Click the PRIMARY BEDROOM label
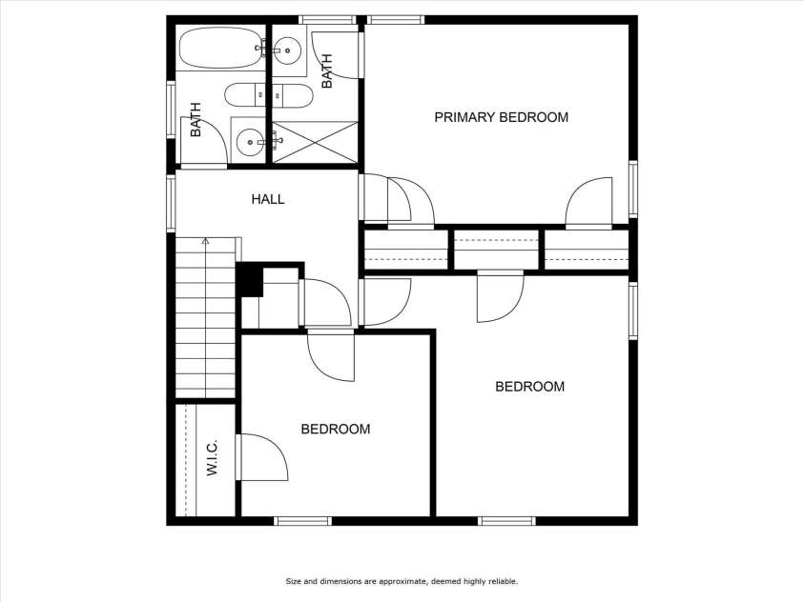(x=501, y=117)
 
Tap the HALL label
(x=268, y=199)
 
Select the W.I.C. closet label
(x=213, y=457)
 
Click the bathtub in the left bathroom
(x=221, y=48)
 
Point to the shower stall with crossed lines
(x=315, y=142)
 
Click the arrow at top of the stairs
(x=206, y=241)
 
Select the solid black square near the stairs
(x=250, y=279)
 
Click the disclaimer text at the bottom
(x=402, y=581)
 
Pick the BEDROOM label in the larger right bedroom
(x=529, y=387)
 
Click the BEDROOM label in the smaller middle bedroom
(x=336, y=429)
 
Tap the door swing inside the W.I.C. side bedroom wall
(x=261, y=457)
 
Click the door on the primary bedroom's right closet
(x=588, y=202)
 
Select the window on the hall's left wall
(x=172, y=204)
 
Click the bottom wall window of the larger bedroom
(x=506, y=521)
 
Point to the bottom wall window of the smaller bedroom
(x=302, y=521)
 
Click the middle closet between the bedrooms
(x=496, y=250)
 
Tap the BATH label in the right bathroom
(x=326, y=71)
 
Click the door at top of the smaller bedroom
(x=331, y=356)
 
